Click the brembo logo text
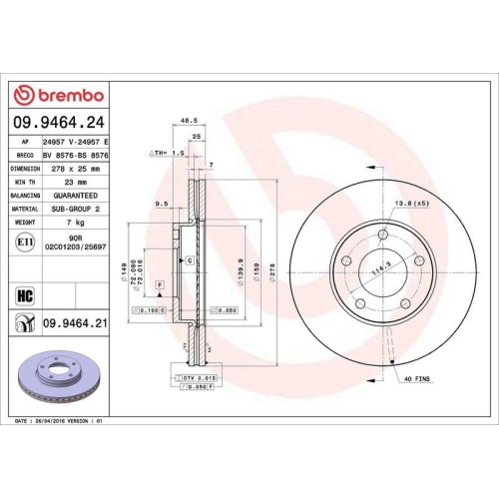tap(69, 95)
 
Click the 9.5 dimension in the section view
tap(161, 206)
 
